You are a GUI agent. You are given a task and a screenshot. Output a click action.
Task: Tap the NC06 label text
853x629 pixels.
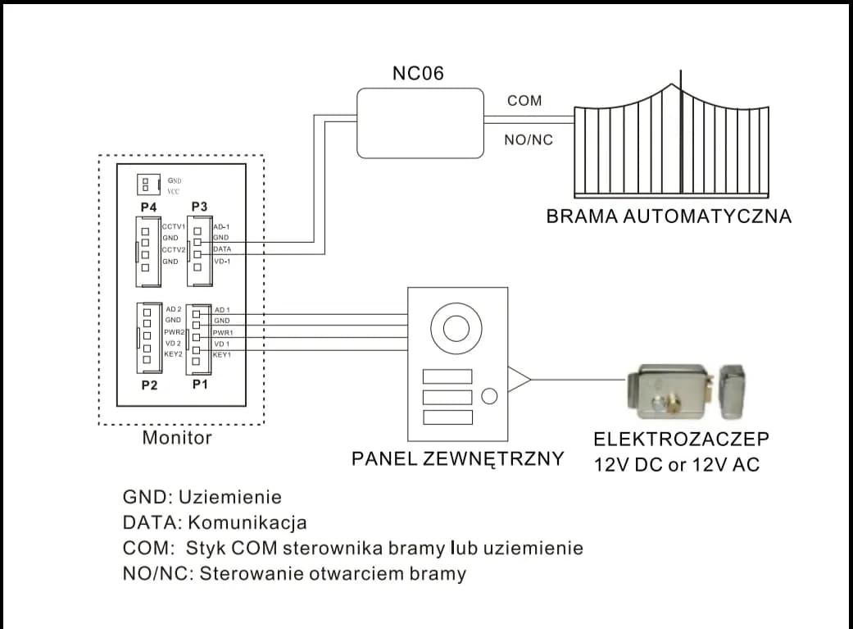418,74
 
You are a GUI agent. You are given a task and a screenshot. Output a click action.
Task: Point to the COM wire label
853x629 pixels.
524,100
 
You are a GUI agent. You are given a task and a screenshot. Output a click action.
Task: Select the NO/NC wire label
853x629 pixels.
529,140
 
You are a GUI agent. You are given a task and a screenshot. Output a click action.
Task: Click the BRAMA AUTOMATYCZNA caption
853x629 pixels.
669,217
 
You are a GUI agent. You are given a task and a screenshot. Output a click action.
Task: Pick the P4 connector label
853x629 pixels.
148,207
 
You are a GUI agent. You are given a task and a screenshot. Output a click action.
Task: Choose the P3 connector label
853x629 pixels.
199,207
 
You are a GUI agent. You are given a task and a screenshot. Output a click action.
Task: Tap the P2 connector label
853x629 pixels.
148,384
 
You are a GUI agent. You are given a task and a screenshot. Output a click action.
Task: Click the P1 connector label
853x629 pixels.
199,384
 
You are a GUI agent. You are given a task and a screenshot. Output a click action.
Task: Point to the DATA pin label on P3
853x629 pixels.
221,248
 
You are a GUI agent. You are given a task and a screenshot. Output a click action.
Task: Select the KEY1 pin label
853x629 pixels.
222,355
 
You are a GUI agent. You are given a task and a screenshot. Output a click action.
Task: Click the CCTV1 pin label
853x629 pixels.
174,226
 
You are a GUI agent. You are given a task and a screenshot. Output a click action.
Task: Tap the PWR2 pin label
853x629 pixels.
173,331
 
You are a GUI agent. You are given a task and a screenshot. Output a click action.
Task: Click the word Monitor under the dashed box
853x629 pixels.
177,438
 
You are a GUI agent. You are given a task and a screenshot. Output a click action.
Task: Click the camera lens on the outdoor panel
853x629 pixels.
455,327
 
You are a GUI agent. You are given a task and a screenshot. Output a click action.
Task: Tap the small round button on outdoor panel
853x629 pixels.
489,396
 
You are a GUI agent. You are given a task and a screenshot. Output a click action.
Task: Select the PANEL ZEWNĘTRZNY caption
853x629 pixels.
457,458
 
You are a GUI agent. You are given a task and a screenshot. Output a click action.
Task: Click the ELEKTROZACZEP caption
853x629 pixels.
682,438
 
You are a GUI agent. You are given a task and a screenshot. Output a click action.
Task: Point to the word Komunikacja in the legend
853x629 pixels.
247,522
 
